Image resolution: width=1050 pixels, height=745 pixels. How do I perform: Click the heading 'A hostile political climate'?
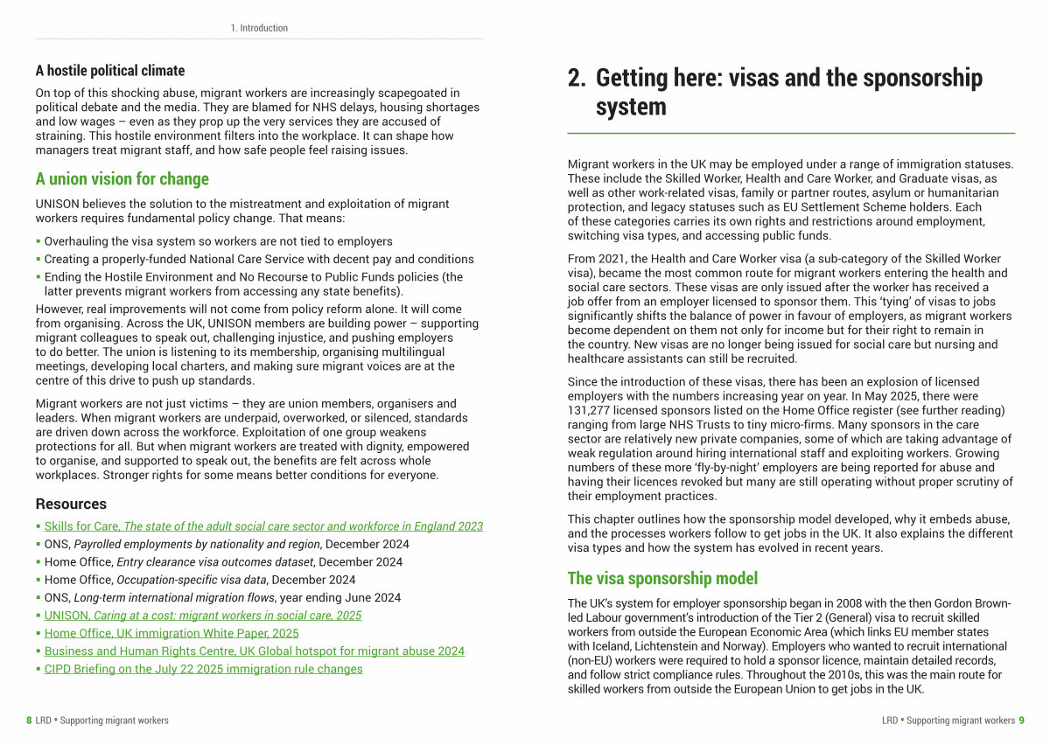click(110, 71)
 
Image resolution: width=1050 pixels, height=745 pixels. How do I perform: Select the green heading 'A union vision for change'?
click(122, 179)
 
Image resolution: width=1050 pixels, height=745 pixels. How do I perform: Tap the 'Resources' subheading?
click(71, 504)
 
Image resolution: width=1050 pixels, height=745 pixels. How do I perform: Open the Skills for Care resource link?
click(263, 526)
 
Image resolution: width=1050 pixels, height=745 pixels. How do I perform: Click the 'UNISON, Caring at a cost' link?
click(203, 616)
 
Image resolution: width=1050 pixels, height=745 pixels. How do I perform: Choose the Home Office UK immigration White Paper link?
click(171, 633)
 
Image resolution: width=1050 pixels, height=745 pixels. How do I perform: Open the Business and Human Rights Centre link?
click(255, 651)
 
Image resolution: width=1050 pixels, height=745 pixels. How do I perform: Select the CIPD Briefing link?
click(203, 669)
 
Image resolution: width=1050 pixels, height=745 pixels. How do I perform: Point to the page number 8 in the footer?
click(29, 721)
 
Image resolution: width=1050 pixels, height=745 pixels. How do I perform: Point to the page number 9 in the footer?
click(1021, 721)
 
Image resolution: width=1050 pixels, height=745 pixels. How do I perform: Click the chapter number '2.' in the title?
click(577, 78)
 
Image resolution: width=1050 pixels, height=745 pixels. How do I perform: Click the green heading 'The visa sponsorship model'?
click(662, 578)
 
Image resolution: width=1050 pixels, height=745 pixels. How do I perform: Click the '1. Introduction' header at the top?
click(259, 28)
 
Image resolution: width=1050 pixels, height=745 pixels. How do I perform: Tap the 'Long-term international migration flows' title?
click(177, 598)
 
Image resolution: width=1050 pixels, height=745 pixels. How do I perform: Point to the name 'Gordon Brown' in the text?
click(971, 603)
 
